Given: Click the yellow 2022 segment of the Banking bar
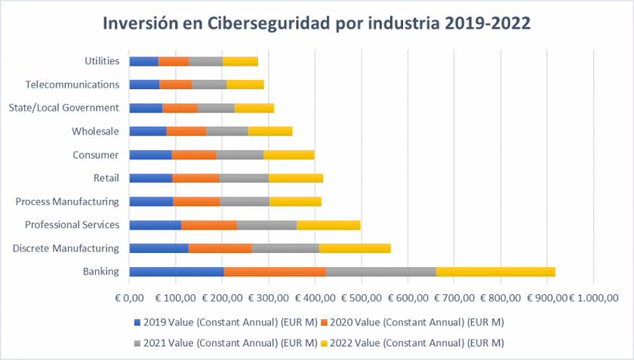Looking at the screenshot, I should click(x=495, y=272).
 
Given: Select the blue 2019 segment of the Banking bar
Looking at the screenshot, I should click(x=177, y=272).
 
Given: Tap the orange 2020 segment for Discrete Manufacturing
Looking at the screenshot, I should click(x=220, y=248).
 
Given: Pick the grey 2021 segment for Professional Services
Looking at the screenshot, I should click(x=266, y=225).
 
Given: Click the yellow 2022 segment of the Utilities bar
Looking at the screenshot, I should click(x=240, y=61).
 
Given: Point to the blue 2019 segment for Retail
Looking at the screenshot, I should click(x=151, y=178).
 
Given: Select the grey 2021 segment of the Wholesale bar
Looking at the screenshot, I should click(x=226, y=131).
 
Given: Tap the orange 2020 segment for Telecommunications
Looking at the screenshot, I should click(x=175, y=85).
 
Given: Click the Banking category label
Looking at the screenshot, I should click(x=100, y=271).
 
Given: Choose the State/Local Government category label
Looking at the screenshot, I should click(x=63, y=108).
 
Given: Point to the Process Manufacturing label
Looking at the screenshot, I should click(x=67, y=202).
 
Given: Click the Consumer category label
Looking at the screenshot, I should click(x=95, y=155).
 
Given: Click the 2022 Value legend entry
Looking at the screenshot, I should click(x=418, y=343).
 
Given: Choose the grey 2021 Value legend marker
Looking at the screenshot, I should click(x=137, y=343).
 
